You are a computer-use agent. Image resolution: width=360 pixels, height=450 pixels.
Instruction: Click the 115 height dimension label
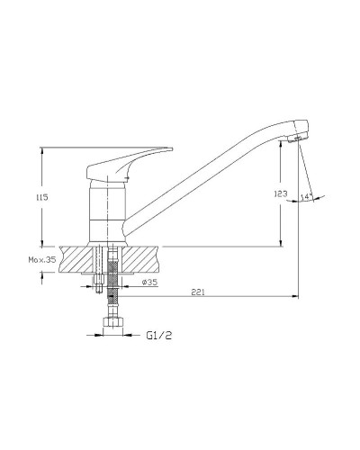(42, 197)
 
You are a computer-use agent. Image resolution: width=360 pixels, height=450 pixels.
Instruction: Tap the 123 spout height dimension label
(281, 193)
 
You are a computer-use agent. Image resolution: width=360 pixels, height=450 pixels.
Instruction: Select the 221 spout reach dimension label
(198, 292)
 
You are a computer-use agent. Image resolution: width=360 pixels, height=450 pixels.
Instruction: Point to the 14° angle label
(305, 197)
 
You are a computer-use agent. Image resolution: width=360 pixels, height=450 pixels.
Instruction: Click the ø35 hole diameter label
(149, 283)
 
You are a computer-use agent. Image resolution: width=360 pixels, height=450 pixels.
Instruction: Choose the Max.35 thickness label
(42, 260)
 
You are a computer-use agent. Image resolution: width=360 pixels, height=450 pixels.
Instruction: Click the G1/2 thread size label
(159, 335)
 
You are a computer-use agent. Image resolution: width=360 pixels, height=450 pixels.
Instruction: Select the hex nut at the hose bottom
(112, 322)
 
